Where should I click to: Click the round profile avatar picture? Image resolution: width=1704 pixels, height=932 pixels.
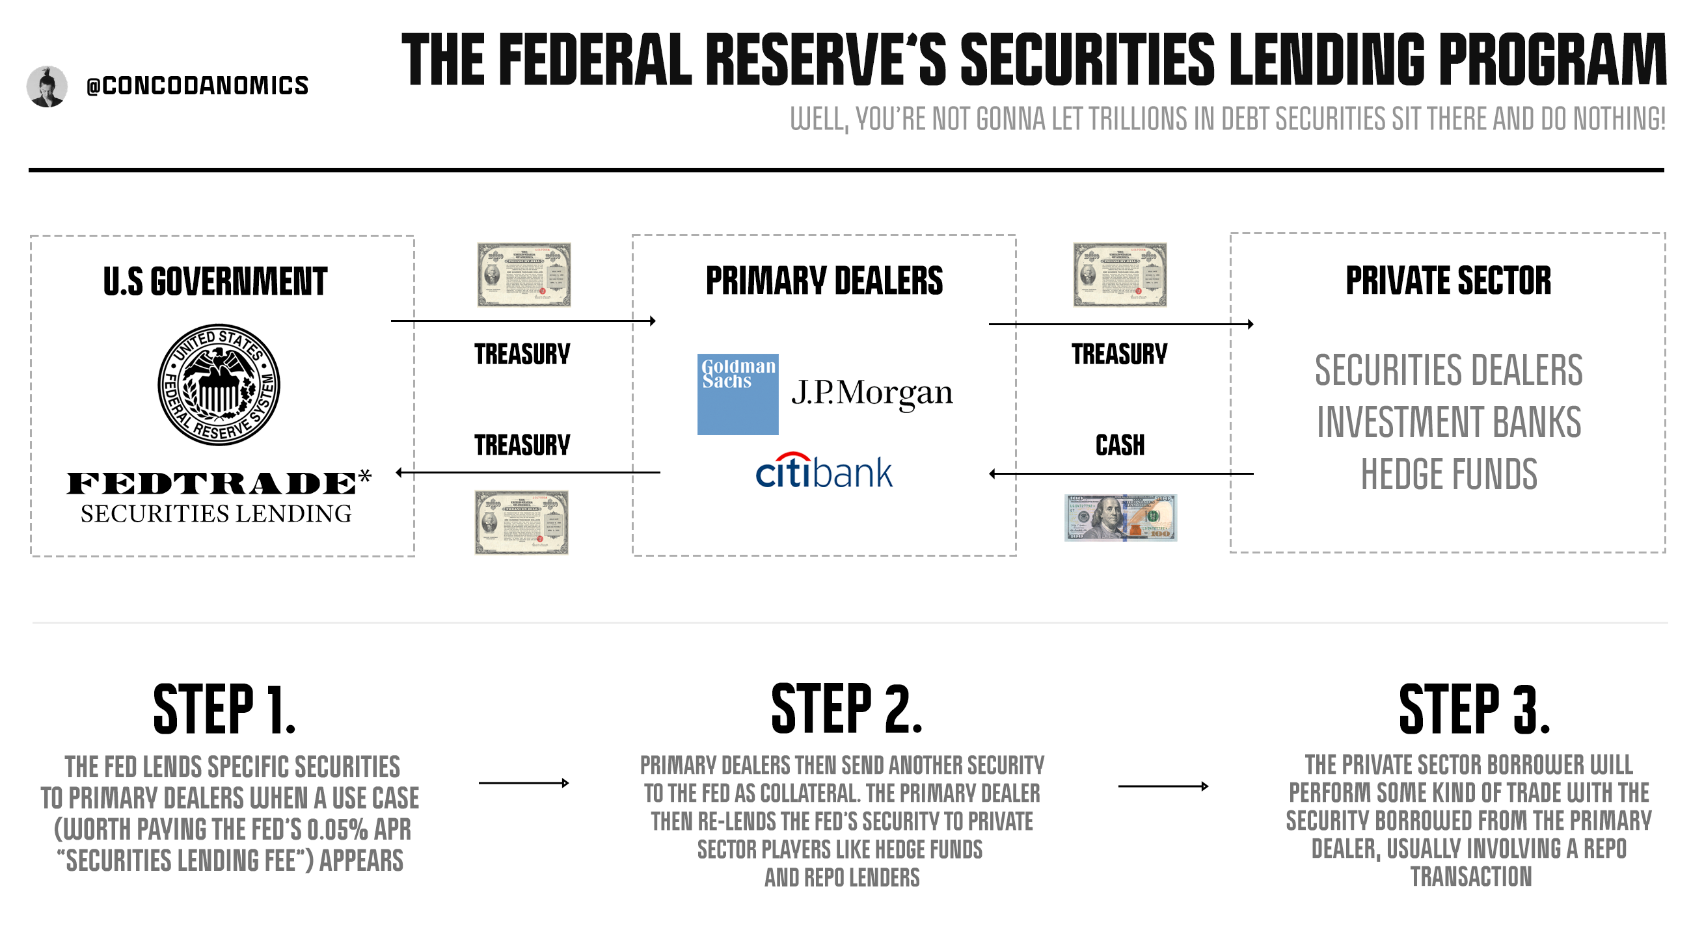pyautogui.click(x=47, y=87)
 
